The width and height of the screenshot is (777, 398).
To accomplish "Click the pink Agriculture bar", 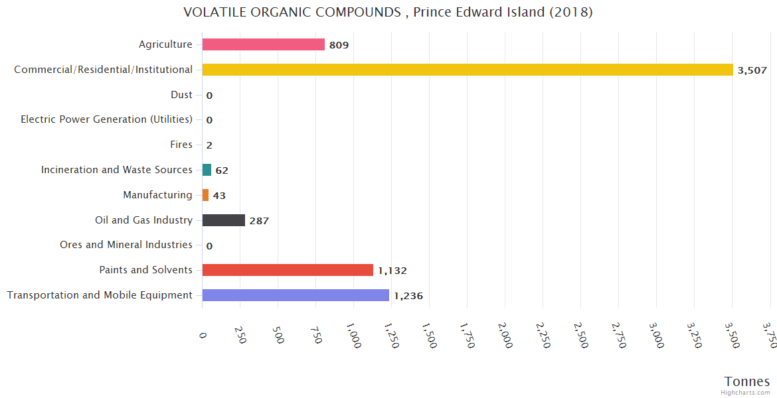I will [x=263, y=44].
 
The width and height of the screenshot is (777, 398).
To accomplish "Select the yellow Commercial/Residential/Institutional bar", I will [x=468, y=70].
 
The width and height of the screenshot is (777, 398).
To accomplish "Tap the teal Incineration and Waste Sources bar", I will [x=207, y=170].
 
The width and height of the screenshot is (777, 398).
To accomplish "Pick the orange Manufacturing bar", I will [x=205, y=195].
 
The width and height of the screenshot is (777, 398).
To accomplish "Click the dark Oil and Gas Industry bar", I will [x=224, y=220].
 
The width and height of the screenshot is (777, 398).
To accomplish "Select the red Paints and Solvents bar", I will [x=288, y=270].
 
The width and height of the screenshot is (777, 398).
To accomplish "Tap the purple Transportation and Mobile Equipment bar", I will [x=296, y=295].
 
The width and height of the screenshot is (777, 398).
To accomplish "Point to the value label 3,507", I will [x=752, y=70].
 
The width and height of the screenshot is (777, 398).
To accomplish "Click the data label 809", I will [x=339, y=45].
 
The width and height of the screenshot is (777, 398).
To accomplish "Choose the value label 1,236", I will [x=408, y=296].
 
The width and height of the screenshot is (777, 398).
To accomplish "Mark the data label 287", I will [x=259, y=221].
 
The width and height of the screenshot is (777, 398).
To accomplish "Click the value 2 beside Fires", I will [x=209, y=145].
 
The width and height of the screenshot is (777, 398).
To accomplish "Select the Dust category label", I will [x=181, y=95].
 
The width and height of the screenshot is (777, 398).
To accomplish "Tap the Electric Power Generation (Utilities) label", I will [x=106, y=119].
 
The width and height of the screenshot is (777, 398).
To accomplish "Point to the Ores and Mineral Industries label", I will [x=126, y=245].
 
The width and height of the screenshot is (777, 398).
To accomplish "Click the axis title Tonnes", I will [x=747, y=381].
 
